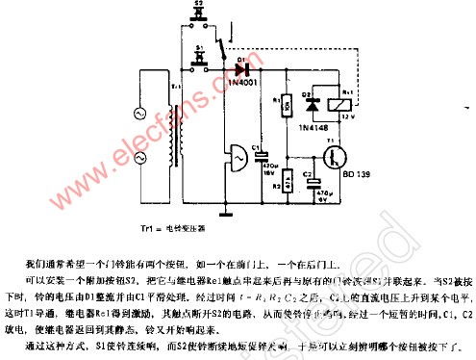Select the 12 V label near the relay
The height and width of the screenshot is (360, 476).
click(359, 118)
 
